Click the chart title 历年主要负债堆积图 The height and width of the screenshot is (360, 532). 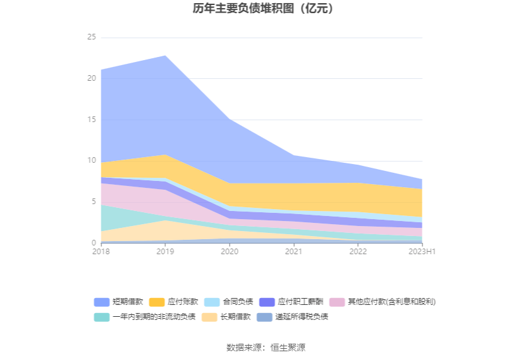[x=265, y=9]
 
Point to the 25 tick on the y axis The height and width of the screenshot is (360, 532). [x=91, y=38]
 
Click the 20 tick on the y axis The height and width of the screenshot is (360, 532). [x=91, y=78]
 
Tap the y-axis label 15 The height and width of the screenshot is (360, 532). [x=91, y=120]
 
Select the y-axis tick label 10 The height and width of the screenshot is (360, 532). [x=91, y=160]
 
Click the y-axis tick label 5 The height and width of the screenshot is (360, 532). [x=93, y=202]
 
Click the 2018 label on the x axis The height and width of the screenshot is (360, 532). [x=101, y=252]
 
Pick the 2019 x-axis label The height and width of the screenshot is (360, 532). [x=165, y=252]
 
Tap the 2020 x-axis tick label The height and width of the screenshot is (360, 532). [x=230, y=252]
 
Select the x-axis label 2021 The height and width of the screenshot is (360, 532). [x=294, y=252]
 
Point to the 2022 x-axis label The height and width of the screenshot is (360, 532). [x=358, y=252]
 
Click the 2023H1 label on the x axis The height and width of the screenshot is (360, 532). [x=422, y=252]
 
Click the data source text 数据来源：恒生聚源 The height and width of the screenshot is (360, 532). [x=265, y=347]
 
